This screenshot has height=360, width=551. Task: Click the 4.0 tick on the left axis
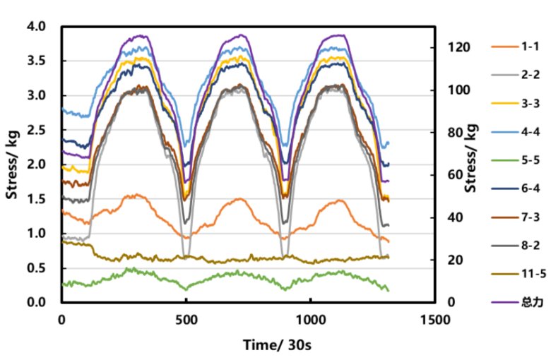coord(36,27)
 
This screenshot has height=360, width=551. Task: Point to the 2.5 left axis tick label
coord(36,130)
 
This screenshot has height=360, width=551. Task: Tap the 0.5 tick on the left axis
coord(36,268)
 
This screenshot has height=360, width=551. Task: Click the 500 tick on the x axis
coord(186,319)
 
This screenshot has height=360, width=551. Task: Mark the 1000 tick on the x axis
coord(310,319)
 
